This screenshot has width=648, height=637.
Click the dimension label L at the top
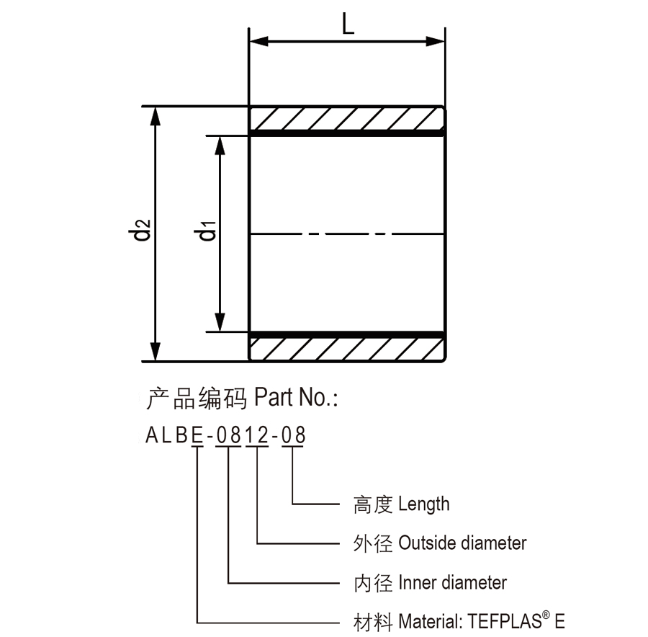[348, 23]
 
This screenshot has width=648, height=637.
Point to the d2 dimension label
[139, 230]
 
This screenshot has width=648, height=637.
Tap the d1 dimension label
[205, 231]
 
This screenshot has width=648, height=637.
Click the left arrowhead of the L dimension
[259, 41]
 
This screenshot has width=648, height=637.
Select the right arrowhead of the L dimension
[435, 41]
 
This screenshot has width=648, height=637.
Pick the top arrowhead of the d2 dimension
[155, 116]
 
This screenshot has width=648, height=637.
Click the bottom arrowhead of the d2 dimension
[155, 352]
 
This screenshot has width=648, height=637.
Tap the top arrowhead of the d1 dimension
[220, 145]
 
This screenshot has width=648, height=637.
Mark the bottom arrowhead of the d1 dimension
[220, 322]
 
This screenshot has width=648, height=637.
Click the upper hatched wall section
[346, 119]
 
